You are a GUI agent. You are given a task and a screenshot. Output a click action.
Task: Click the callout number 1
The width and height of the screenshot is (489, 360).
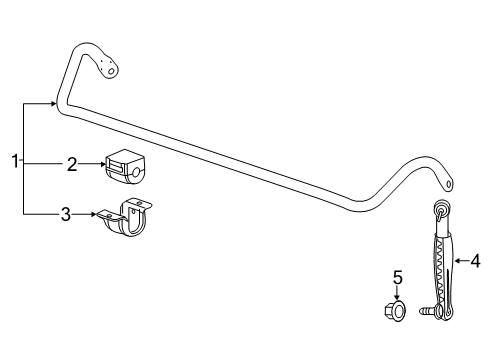tap(15, 161)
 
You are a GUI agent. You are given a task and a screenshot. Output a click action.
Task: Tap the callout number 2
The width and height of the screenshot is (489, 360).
tap(72, 165)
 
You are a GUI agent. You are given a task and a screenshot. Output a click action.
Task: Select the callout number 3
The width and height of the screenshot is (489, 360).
tap(66, 213)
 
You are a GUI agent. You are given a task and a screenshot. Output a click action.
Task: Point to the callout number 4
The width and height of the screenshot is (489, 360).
tap(475, 262)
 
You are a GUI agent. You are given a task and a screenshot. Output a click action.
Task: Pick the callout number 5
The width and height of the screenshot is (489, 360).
tap(396, 277)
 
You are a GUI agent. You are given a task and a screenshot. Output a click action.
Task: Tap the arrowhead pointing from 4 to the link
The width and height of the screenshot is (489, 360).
tap(457, 262)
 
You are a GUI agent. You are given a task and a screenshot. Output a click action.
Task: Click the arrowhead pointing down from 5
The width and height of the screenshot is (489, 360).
tap(396, 297)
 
